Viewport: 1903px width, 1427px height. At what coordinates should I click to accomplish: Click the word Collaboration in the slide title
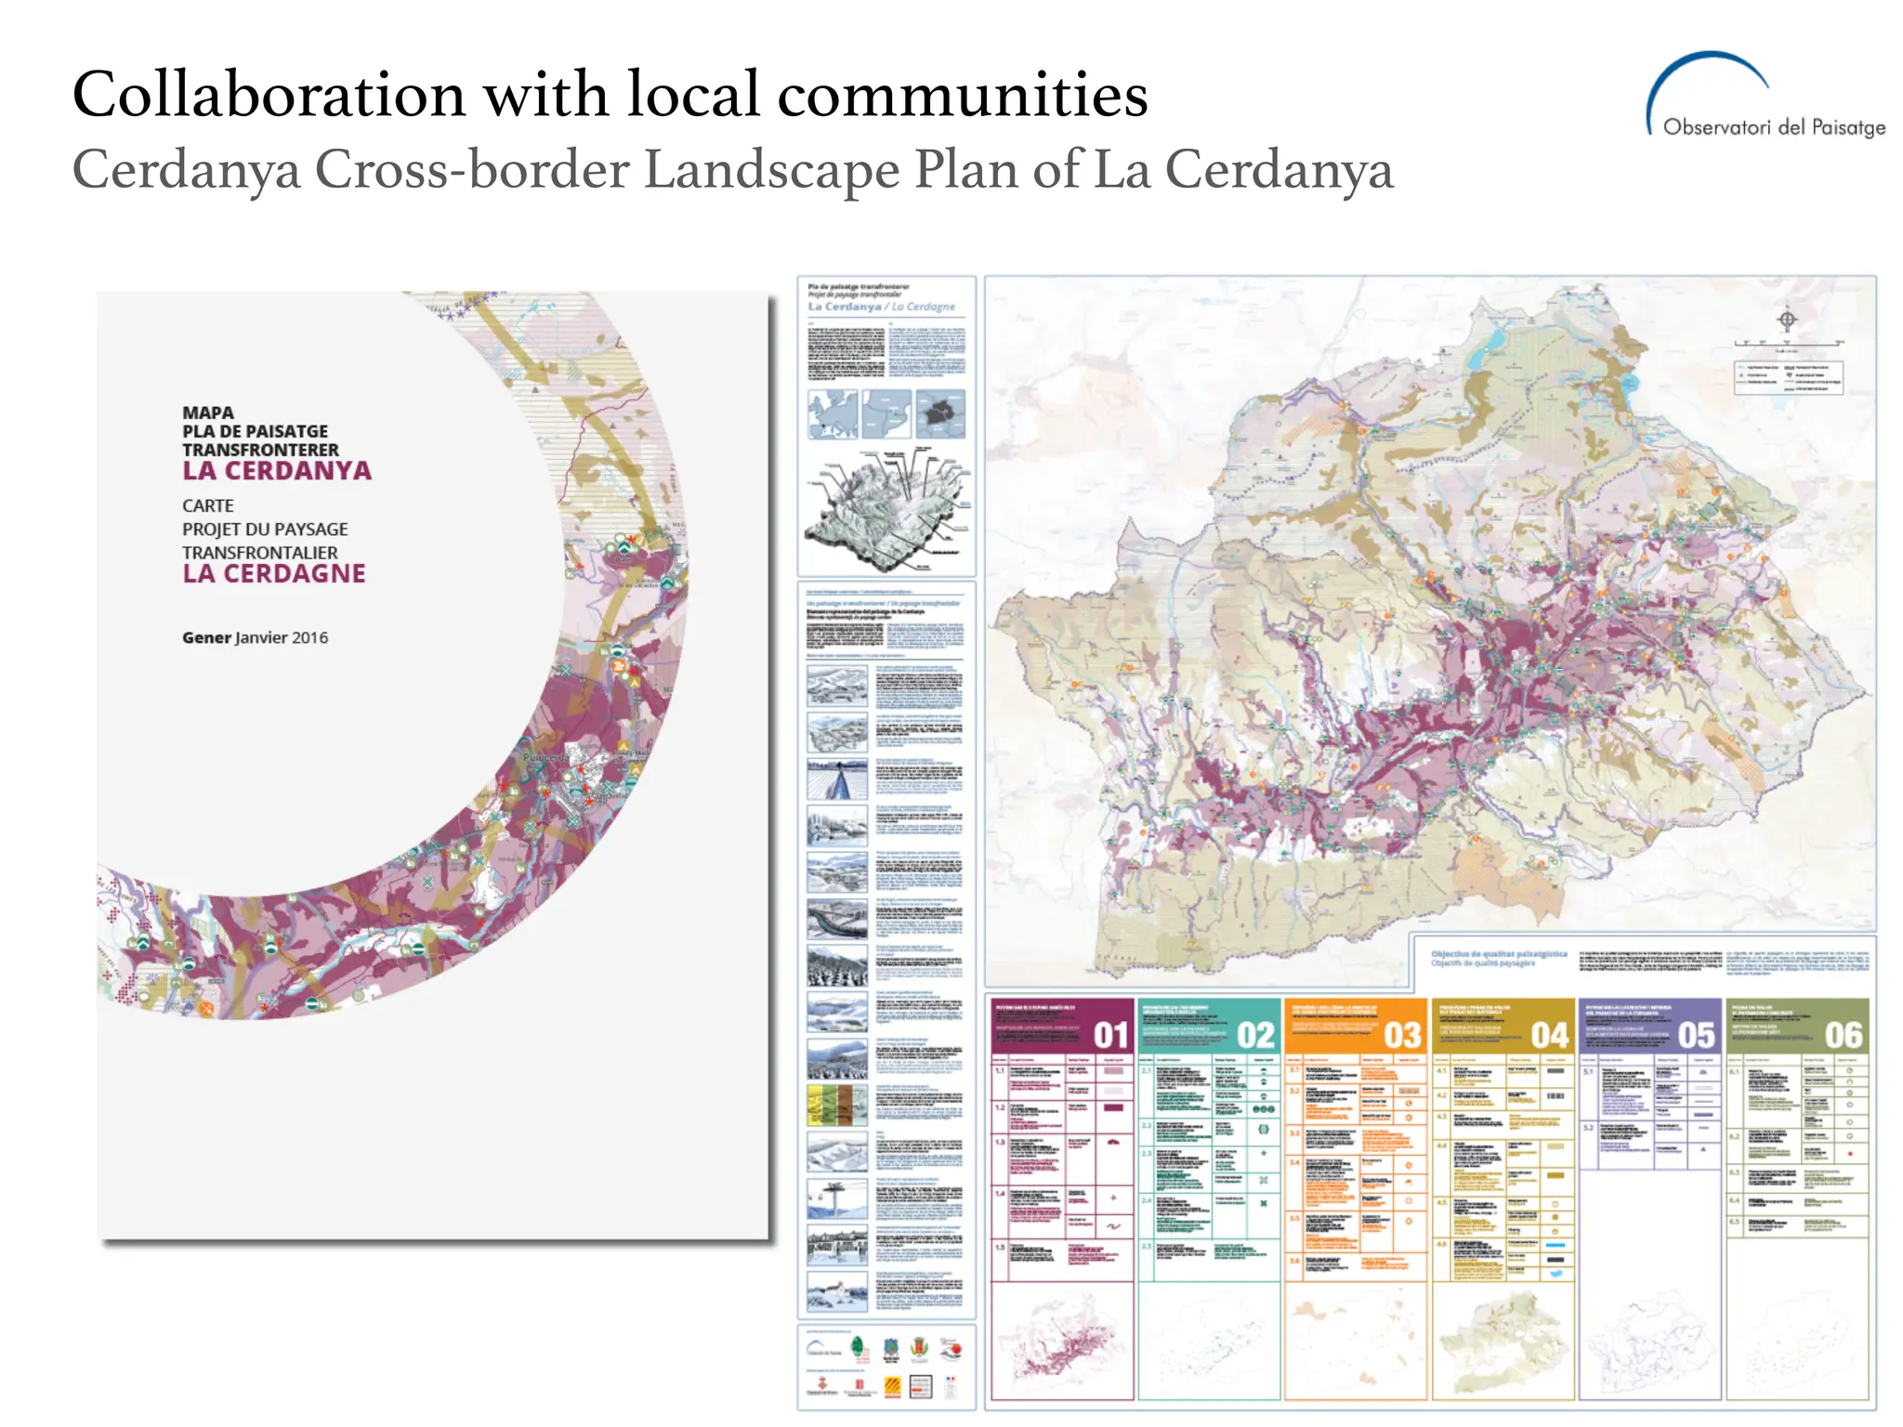[269, 95]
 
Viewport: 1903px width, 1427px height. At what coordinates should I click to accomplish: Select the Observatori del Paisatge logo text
[1773, 127]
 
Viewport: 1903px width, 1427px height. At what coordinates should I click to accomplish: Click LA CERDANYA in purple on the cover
[277, 471]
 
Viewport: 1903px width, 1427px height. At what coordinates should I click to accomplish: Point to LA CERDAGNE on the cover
[274, 574]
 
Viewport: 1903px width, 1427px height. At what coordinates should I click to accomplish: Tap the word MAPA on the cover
[208, 412]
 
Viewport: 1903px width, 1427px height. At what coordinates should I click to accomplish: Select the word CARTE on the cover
[208, 506]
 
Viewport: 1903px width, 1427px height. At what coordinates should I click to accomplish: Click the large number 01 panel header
[1110, 1035]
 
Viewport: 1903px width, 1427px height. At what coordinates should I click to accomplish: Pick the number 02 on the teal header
[1255, 1035]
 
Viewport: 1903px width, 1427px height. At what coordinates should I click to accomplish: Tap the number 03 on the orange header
[1402, 1035]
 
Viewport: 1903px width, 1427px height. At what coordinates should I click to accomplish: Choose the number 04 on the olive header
[1549, 1035]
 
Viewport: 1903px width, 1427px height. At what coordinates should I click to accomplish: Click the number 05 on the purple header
[1696, 1035]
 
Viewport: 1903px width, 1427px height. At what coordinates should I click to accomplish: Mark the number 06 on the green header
[1843, 1035]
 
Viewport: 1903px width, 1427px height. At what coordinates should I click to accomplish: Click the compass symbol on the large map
[1787, 321]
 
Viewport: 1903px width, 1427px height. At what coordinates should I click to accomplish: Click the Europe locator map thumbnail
[833, 413]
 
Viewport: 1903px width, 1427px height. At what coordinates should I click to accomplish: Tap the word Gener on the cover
[206, 638]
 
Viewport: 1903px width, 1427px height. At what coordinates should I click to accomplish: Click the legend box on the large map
[1788, 377]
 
